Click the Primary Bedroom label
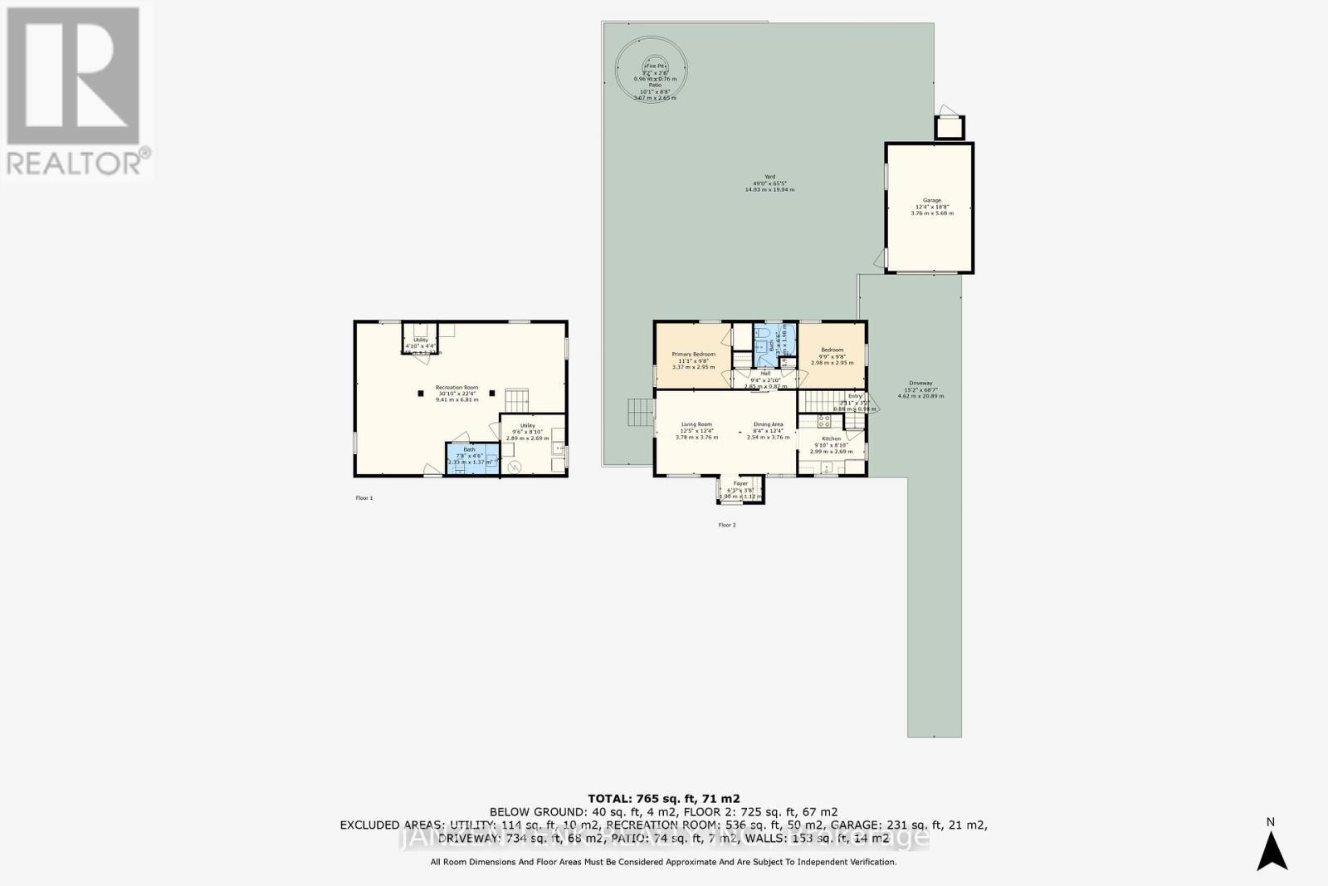693,355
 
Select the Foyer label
740,483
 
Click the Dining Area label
768,424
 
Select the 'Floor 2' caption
727,525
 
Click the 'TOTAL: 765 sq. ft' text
664,798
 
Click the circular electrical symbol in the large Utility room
515,467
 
